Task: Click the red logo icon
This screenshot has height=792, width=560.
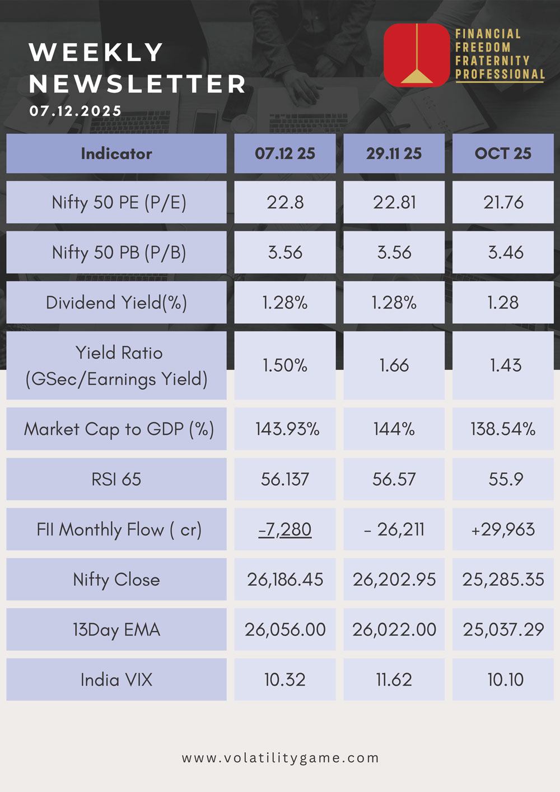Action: (417, 55)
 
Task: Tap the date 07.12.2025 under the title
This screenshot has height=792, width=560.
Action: (76, 111)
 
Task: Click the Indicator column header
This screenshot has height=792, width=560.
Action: (116, 153)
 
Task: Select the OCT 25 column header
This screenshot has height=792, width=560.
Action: (503, 153)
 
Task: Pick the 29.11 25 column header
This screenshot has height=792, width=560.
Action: (394, 153)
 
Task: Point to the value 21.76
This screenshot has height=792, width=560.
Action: (503, 202)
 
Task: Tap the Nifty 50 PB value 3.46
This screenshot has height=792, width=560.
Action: (505, 253)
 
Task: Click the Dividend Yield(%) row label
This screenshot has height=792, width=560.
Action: (116, 303)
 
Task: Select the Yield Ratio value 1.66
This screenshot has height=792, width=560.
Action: (394, 366)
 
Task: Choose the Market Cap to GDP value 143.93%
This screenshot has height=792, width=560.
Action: (287, 429)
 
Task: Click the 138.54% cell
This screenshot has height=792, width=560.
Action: (503, 429)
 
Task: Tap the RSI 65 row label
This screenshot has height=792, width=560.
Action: (116, 479)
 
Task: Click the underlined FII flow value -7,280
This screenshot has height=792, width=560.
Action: (285, 529)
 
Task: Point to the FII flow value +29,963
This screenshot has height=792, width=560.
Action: (503, 529)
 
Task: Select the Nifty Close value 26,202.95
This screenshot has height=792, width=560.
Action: (394, 580)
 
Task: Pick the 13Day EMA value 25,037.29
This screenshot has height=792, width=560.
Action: (503, 630)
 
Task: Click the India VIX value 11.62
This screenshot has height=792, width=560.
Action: (394, 680)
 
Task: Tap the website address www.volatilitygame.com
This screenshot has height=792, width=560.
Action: (280, 758)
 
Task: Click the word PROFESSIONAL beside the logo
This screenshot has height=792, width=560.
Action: (500, 74)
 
